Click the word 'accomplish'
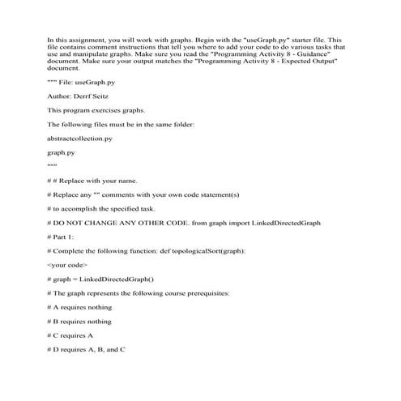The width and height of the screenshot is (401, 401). point(75,208)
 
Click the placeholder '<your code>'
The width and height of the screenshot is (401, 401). point(67,264)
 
